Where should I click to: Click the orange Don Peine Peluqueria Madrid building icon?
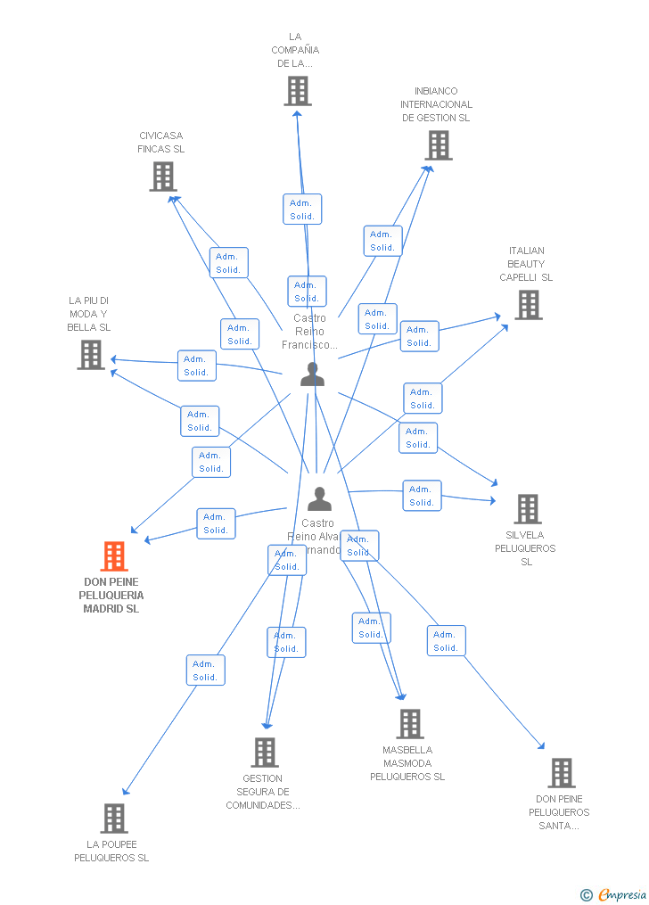point(114,556)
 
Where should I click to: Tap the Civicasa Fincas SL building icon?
point(162,177)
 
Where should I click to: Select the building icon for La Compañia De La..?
point(298,91)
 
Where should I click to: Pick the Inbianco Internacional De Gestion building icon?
point(438,145)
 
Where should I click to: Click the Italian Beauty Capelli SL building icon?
point(529,305)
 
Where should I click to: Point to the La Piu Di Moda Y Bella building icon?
point(91,355)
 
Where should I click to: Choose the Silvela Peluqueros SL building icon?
point(528,509)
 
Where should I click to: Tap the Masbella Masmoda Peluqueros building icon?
point(410,724)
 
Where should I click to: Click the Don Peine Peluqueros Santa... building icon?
point(561,772)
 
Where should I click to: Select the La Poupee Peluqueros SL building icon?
point(114,818)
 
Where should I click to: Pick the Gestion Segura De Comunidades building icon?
point(265,753)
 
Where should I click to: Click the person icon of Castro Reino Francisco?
point(312,374)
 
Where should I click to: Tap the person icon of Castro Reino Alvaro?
point(319,499)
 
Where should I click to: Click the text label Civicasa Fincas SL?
point(161,143)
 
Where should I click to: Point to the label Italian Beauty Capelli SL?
point(526,264)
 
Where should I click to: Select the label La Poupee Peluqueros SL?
point(111,852)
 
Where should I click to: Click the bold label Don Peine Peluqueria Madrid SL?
point(111,596)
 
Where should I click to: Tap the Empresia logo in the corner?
point(614,894)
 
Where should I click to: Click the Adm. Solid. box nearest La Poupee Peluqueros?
point(205,671)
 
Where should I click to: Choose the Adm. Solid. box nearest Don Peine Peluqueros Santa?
point(446,641)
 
